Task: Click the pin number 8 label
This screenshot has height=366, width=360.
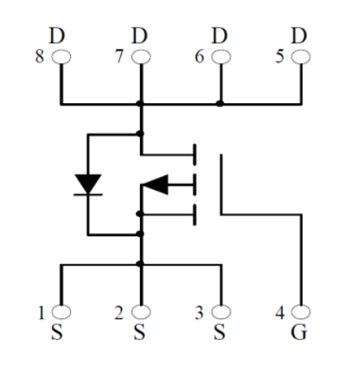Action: (x=39, y=56)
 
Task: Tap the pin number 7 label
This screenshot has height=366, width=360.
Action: (x=119, y=56)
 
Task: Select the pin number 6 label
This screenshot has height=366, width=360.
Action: (x=200, y=56)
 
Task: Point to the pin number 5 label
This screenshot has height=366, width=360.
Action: (x=280, y=56)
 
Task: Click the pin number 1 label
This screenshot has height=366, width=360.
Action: (x=41, y=312)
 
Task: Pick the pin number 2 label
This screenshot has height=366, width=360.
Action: (x=119, y=312)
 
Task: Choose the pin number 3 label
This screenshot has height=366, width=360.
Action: (x=199, y=312)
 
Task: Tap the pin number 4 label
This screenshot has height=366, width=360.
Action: (x=280, y=312)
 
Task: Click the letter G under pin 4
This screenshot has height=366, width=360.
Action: (x=299, y=332)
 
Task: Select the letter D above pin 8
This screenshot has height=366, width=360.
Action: (x=57, y=35)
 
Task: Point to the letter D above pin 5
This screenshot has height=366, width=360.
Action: (x=299, y=35)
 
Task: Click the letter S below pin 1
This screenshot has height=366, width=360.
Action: (x=57, y=332)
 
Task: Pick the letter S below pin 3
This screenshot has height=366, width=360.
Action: (x=219, y=332)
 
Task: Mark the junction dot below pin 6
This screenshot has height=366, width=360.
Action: (x=220, y=104)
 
